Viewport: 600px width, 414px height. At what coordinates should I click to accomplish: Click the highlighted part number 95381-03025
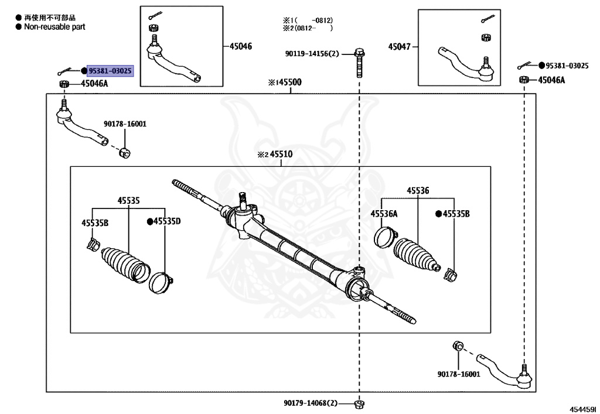click(110, 71)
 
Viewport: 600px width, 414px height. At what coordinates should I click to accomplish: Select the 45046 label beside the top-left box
click(241, 46)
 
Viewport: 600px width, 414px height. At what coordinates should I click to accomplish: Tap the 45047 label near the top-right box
click(399, 47)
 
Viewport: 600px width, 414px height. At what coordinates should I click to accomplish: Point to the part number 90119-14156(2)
click(312, 54)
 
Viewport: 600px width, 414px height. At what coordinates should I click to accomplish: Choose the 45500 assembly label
click(289, 82)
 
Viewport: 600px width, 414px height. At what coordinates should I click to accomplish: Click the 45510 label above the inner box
click(281, 154)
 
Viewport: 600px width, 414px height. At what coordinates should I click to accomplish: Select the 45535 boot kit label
click(128, 201)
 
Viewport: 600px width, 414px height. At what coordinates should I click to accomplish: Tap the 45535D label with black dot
click(167, 221)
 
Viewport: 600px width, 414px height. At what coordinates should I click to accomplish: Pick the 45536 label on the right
click(418, 190)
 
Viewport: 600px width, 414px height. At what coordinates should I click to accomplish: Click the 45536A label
click(384, 214)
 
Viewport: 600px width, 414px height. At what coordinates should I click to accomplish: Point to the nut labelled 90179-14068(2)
click(359, 403)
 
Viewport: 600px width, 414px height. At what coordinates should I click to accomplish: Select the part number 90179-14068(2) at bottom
click(311, 403)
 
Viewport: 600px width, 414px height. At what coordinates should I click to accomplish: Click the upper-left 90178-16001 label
click(125, 124)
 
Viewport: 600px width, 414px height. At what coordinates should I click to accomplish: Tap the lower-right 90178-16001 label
click(458, 374)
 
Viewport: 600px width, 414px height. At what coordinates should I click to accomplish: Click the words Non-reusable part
click(54, 27)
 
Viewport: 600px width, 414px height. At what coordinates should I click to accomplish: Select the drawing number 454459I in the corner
click(583, 409)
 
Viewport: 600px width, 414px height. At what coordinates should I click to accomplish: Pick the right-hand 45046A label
click(551, 80)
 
